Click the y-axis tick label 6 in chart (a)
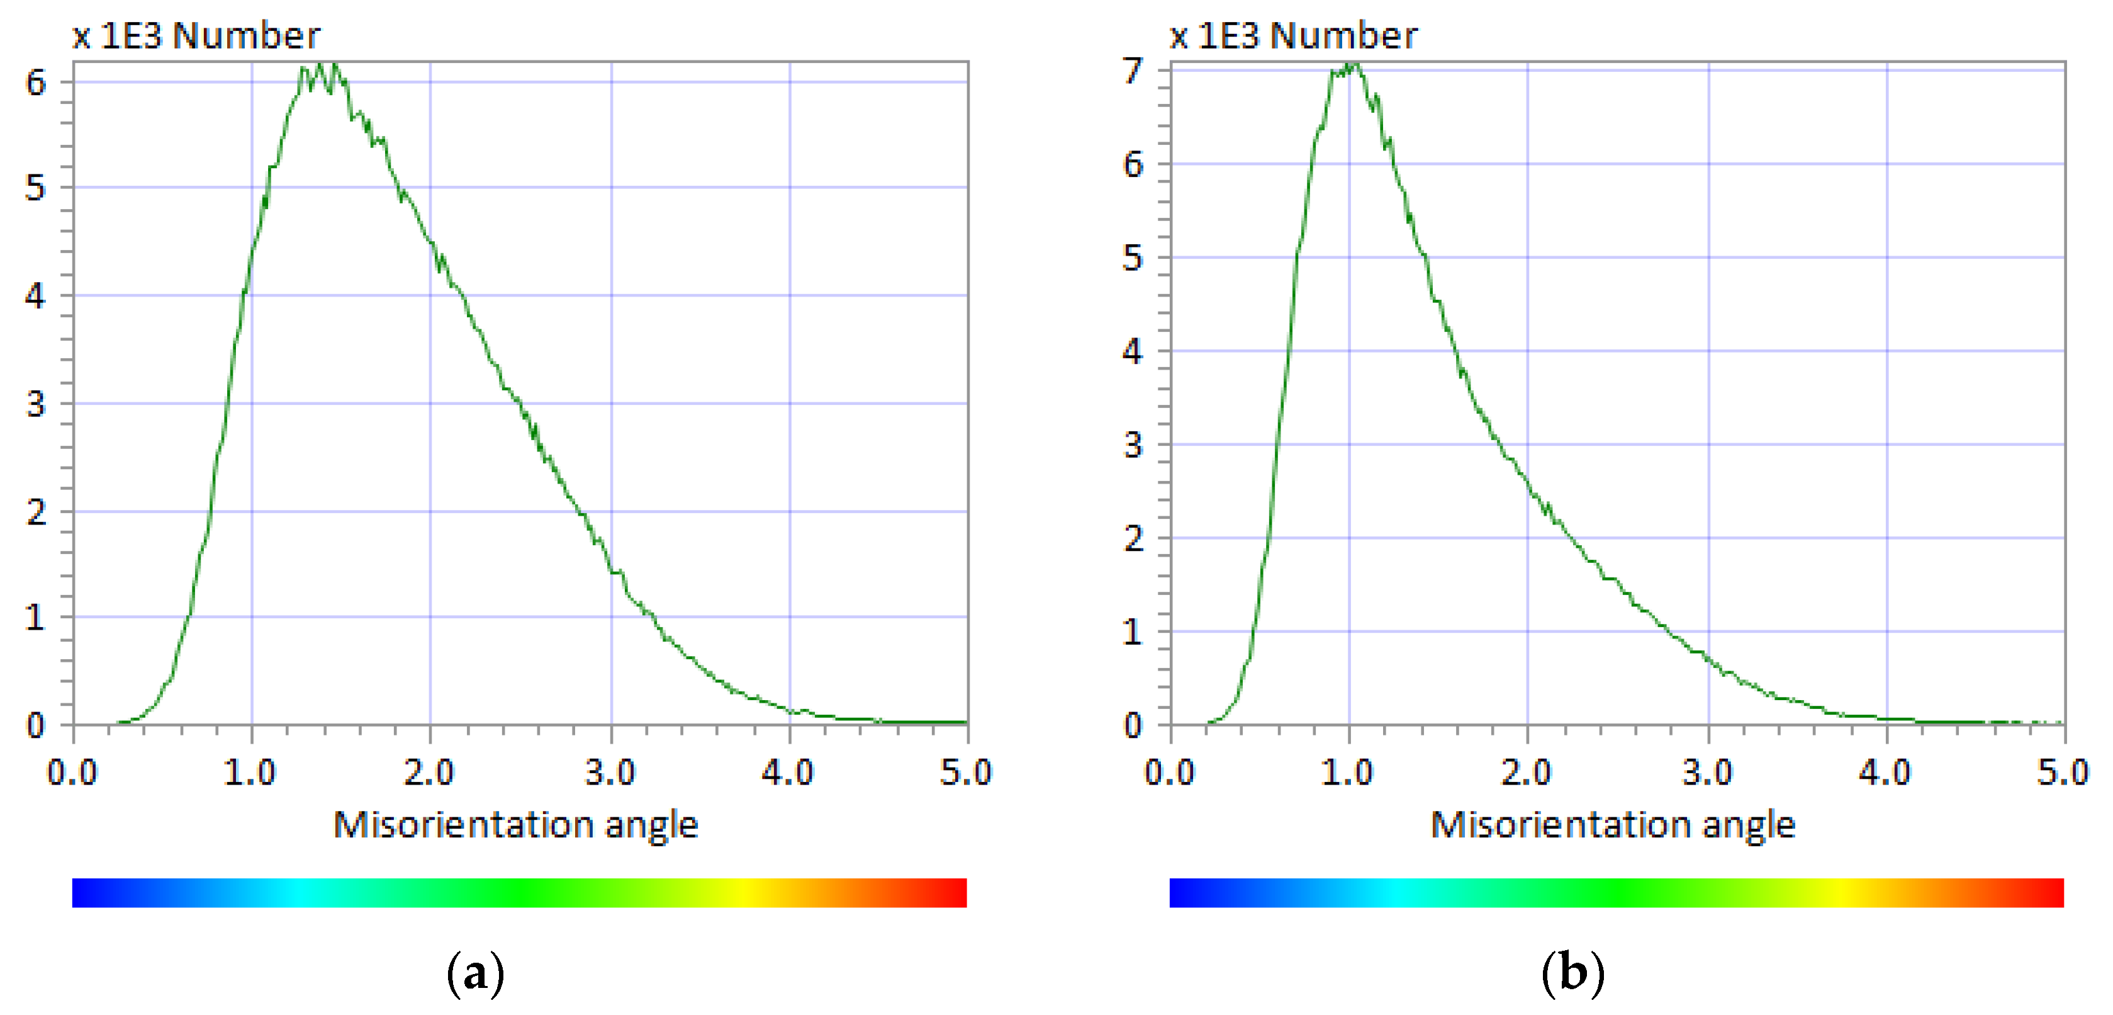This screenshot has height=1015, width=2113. pyautogui.click(x=35, y=82)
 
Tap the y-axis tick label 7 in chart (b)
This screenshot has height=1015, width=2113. pyautogui.click(x=1133, y=71)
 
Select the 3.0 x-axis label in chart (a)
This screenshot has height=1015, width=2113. pyautogui.click(x=610, y=772)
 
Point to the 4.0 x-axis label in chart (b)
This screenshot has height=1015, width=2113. pyautogui.click(x=1885, y=772)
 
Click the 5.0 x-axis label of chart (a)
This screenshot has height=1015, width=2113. pyautogui.click(x=965, y=772)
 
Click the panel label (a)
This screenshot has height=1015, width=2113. pyautogui.click(x=475, y=973)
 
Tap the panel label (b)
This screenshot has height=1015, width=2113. pyautogui.click(x=1572, y=973)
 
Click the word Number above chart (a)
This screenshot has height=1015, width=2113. pyautogui.click(x=246, y=35)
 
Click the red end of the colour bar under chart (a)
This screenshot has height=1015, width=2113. pyautogui.click(x=956, y=892)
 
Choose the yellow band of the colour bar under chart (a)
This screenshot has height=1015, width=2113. pyautogui.click(x=743, y=892)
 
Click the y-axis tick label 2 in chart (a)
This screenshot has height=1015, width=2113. pyautogui.click(x=35, y=513)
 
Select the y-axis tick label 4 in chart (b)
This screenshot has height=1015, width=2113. pyautogui.click(x=1133, y=351)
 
